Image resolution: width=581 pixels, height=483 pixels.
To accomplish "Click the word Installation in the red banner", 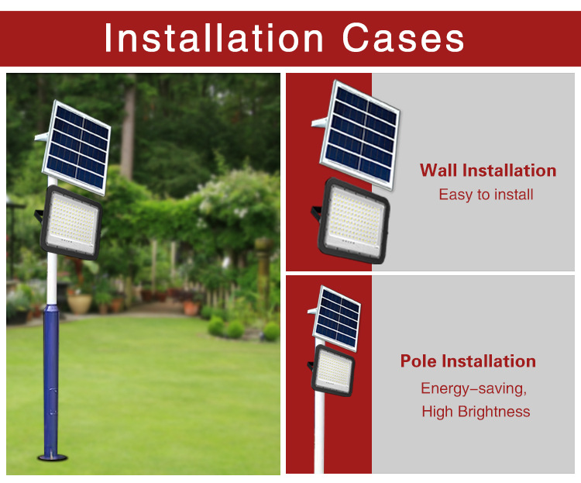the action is [x=214, y=38].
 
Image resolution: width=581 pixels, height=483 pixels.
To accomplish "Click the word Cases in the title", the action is [x=403, y=38].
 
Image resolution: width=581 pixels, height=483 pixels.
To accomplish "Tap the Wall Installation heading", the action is [x=488, y=171].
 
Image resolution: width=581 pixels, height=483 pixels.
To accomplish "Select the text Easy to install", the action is [x=486, y=195].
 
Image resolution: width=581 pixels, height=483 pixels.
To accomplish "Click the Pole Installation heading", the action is [x=468, y=361].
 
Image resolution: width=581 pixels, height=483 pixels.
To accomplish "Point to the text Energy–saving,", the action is [x=473, y=388].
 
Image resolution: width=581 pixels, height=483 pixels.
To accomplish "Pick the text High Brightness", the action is [x=476, y=412].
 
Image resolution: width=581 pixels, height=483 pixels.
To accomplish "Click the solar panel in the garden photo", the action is [x=77, y=147].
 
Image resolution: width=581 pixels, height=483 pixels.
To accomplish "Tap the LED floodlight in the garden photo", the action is [x=70, y=223].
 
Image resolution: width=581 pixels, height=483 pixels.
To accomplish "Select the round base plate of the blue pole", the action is [x=52, y=457].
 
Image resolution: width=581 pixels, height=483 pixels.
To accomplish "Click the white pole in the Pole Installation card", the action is [x=319, y=434].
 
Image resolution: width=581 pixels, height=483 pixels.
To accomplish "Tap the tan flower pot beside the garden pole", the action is [x=79, y=304].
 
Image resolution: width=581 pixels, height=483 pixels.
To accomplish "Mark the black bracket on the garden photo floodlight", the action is [x=39, y=216].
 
